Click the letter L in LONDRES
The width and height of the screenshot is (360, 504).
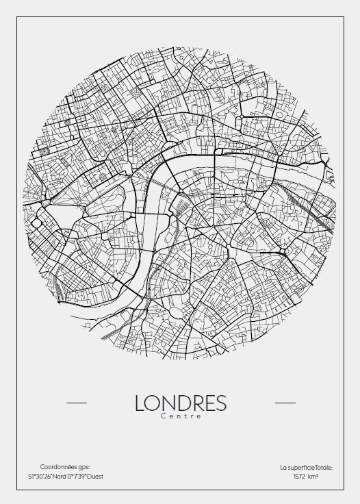pos(140,403)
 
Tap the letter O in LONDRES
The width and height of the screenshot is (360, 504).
pos(154,403)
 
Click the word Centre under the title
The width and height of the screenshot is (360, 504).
pos(181,416)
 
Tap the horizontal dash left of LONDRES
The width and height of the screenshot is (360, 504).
pos(76,403)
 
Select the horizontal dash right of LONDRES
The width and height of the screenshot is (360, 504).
pos(285,403)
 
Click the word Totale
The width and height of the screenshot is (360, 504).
pos(324,468)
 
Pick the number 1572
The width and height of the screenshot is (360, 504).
pos(300,477)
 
